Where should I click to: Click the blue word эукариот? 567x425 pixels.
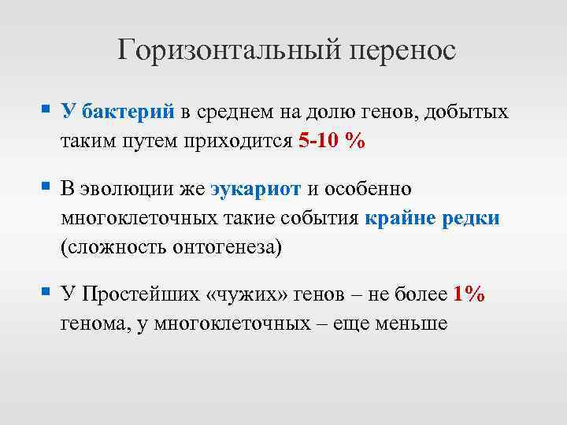(255, 190)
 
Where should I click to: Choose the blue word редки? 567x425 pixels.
(470, 218)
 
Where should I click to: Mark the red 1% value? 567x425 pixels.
(469, 294)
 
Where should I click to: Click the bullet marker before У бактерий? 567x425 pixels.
(46, 110)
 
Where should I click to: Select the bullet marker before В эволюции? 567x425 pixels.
(46, 188)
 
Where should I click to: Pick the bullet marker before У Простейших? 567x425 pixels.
(46, 293)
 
